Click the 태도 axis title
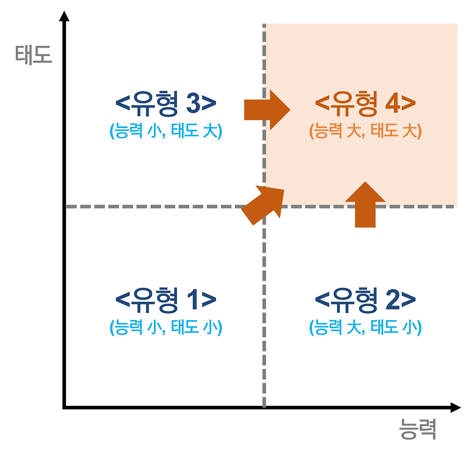pyautogui.click(x=34, y=55)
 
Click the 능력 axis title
pyautogui.click(x=418, y=429)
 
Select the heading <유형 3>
pyautogui.click(x=166, y=103)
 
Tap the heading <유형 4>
pyautogui.click(x=365, y=103)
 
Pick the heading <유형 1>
pyautogui.click(x=166, y=300)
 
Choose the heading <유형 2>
pyautogui.click(x=365, y=300)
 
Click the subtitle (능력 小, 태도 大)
pyautogui.click(x=166, y=131)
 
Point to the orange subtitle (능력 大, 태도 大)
pyautogui.click(x=365, y=131)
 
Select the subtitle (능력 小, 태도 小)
pyautogui.click(x=166, y=327)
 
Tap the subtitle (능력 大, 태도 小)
pyautogui.click(x=365, y=327)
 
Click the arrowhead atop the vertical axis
pyautogui.click(x=65, y=17)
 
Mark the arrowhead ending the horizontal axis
pyautogui.click(x=456, y=407)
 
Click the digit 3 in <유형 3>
pyautogui.click(x=193, y=103)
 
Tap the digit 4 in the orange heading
pyautogui.click(x=393, y=103)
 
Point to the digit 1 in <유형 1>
pyautogui.click(x=193, y=300)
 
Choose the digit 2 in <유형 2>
pyautogui.click(x=393, y=300)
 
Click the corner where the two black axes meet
pyautogui.click(x=65, y=407)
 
